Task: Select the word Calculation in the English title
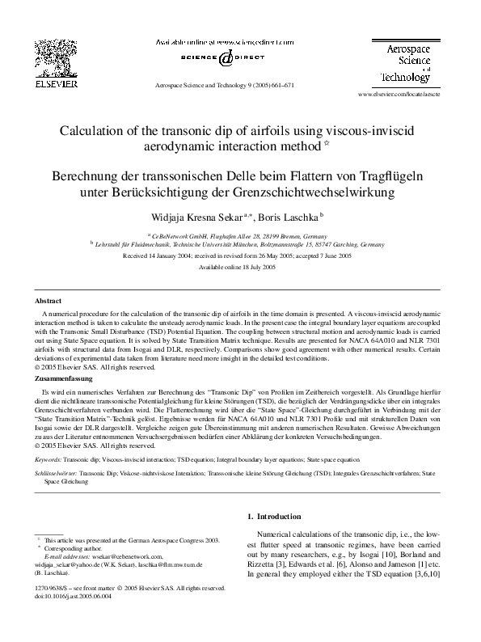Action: [95, 131]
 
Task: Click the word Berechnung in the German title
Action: [88, 175]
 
